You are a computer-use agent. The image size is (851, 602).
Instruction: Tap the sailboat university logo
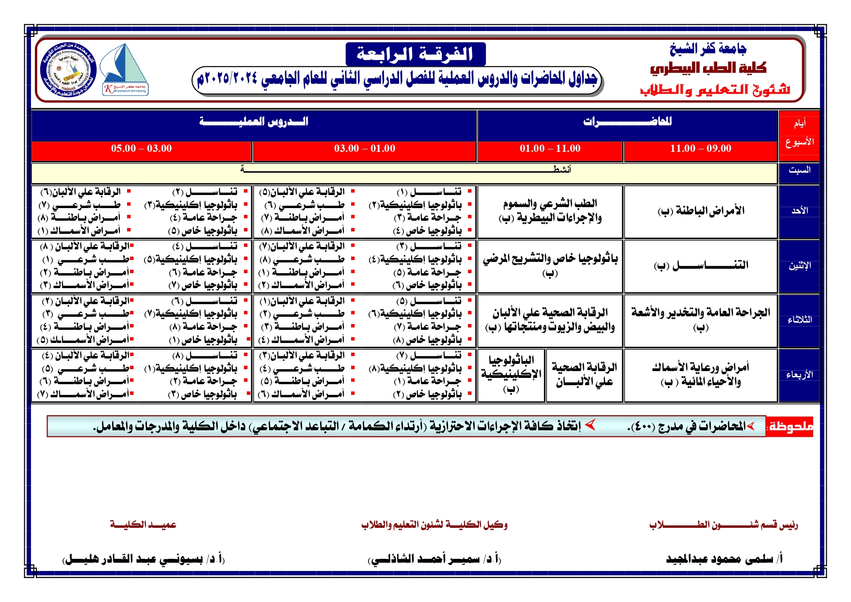(125, 69)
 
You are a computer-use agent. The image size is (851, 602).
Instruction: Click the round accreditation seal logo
(68, 69)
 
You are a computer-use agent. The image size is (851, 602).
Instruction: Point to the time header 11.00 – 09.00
(700, 148)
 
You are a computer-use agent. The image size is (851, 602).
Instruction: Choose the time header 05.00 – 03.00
(141, 148)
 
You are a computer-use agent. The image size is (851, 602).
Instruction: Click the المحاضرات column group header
(627, 122)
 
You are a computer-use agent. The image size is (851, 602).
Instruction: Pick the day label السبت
(799, 170)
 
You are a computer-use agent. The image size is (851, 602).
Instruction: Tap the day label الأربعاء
(799, 375)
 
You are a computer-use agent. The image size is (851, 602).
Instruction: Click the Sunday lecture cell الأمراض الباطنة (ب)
(701, 211)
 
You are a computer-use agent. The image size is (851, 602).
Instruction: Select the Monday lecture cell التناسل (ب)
(701, 265)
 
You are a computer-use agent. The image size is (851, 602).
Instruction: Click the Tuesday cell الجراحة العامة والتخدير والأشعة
(701, 319)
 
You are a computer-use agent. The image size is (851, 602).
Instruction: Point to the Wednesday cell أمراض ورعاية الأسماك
(701, 374)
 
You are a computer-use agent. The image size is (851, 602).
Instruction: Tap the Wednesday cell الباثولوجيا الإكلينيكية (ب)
(511, 374)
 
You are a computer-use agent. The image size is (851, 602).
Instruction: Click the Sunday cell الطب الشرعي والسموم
(550, 211)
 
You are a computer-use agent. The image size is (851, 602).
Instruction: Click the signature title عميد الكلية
(143, 525)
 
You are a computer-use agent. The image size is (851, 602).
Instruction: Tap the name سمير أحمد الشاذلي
(434, 559)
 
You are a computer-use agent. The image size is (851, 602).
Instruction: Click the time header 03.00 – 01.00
(364, 148)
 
